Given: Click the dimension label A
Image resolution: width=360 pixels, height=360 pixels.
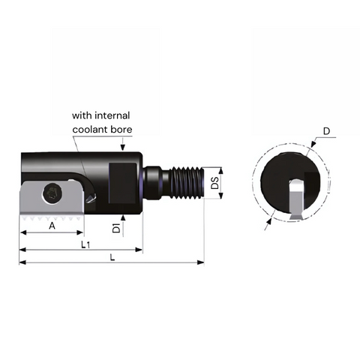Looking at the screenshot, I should (52, 225).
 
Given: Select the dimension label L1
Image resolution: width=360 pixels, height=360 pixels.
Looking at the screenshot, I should (86, 244).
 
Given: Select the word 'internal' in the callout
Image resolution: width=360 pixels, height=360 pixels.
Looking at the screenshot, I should (112, 115).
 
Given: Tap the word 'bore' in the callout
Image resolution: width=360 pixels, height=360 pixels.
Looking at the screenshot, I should (121, 129).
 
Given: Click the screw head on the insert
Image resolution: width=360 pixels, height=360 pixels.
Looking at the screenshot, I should (53, 193).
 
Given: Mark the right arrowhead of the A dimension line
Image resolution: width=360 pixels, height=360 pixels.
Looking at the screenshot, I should (81, 232).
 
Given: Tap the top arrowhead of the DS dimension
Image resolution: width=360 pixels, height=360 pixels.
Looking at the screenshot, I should (222, 168).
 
